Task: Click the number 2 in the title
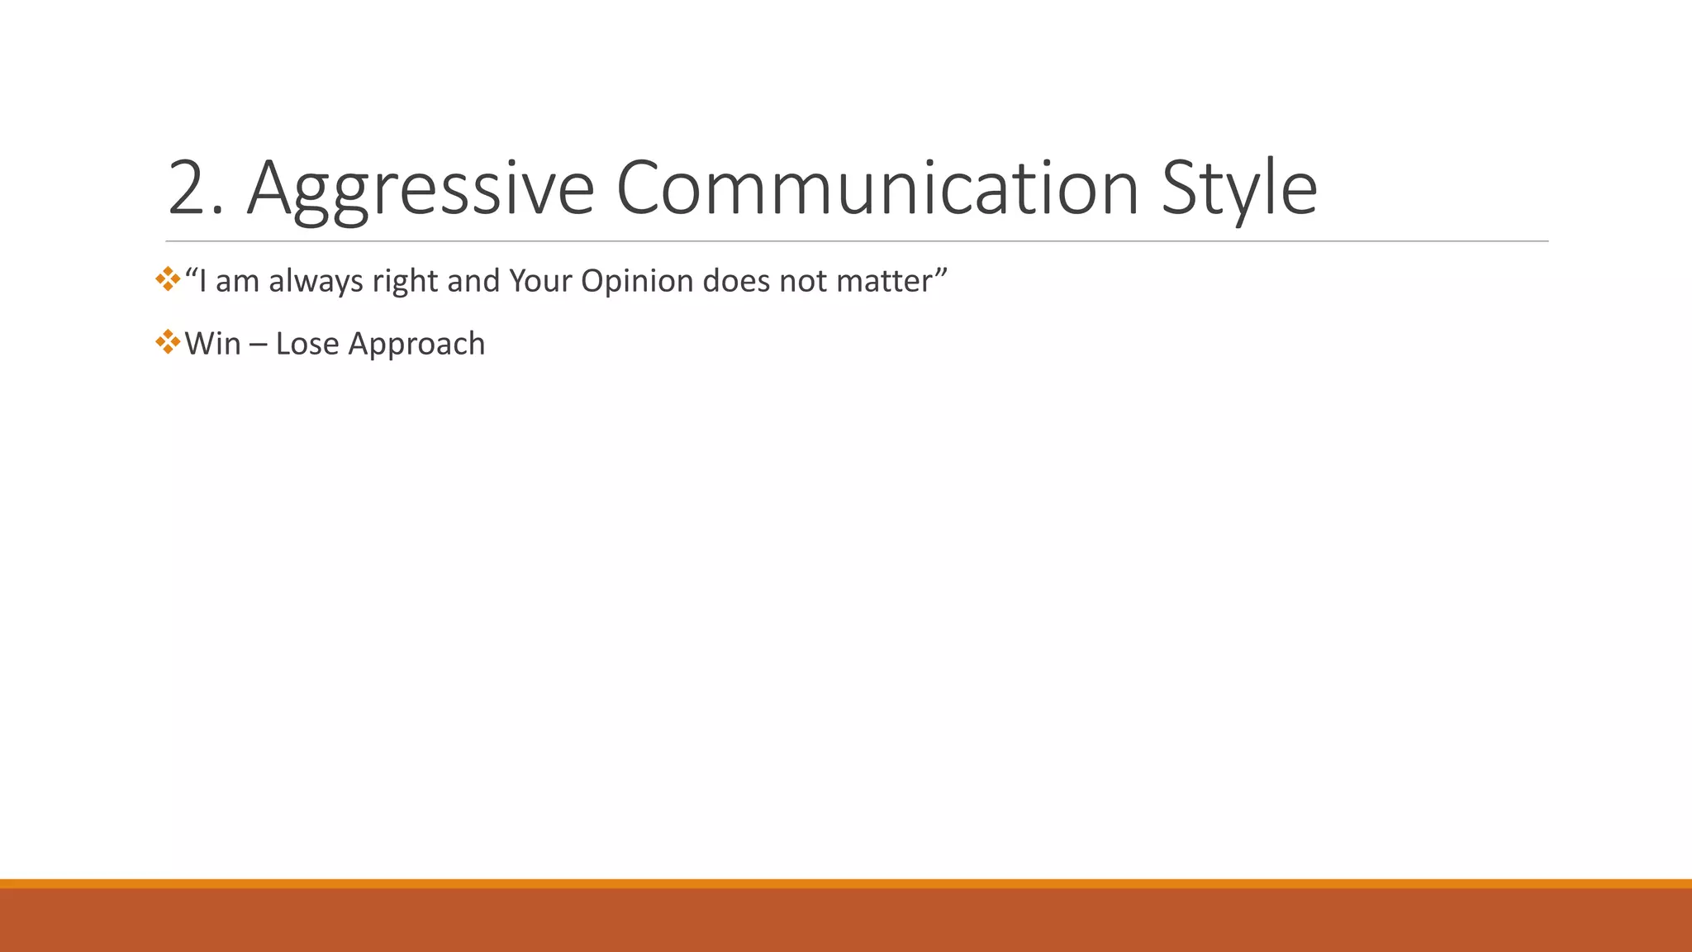pyautogui.click(x=194, y=188)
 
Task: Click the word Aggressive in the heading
pyautogui.click(x=420, y=188)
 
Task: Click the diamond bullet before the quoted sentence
pyautogui.click(x=168, y=278)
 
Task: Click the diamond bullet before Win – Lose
pyautogui.click(x=168, y=341)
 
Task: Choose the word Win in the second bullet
pyautogui.click(x=212, y=344)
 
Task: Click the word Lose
pyautogui.click(x=307, y=344)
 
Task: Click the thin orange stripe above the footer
pyautogui.click(x=846, y=883)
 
